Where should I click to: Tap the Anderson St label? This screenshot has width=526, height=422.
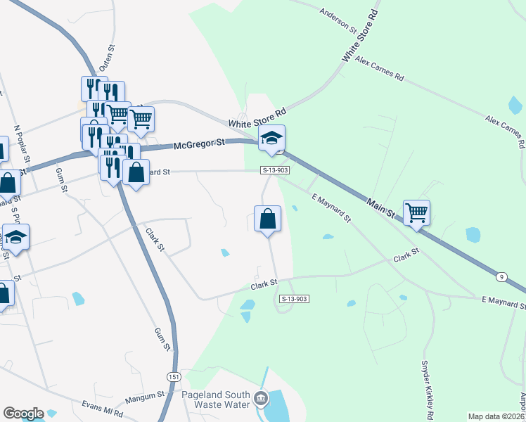point(338,20)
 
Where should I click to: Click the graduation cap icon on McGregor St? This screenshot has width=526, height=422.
point(271,139)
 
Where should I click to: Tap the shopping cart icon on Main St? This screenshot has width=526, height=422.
point(416,212)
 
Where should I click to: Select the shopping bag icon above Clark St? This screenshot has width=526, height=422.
point(267,219)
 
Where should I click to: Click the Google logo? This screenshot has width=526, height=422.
point(23,414)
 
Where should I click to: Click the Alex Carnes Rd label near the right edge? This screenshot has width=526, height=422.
point(505,132)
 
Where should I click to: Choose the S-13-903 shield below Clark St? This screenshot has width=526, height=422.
point(295,299)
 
